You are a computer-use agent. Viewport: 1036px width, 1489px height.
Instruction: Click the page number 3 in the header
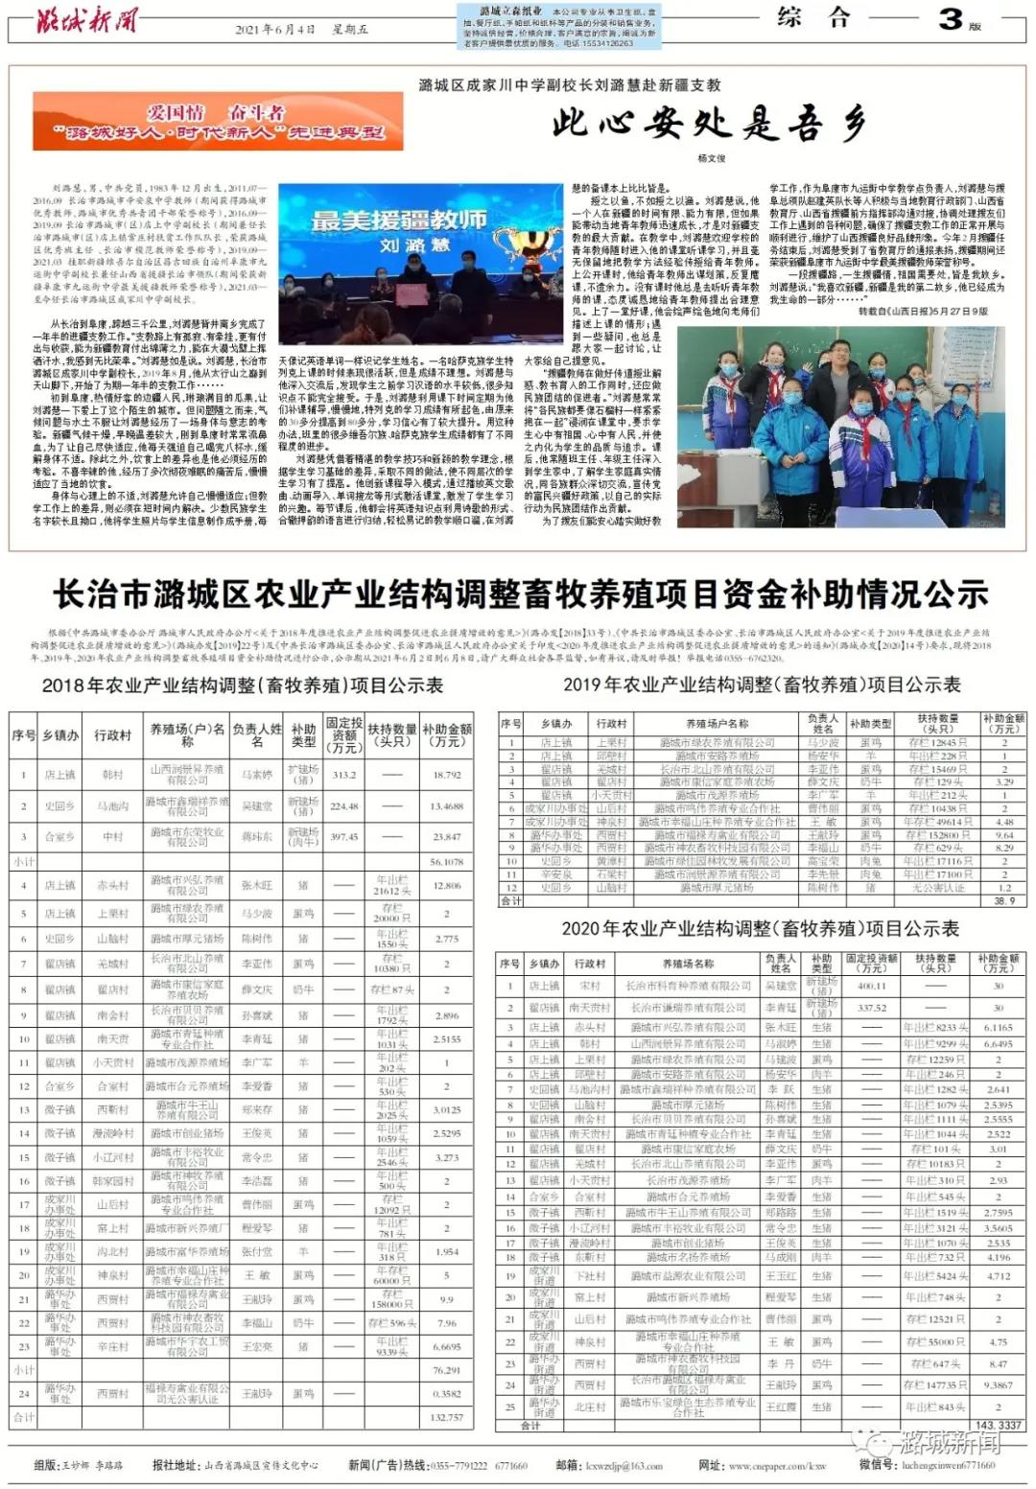pyautogui.click(x=950, y=18)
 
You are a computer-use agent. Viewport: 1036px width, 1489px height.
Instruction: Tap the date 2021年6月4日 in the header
pyautogui.click(x=275, y=30)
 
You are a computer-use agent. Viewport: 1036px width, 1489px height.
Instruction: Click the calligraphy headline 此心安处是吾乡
pyautogui.click(x=708, y=124)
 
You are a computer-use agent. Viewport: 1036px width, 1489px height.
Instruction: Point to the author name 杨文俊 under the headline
pyautogui.click(x=711, y=158)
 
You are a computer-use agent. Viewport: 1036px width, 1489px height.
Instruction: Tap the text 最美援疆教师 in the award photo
pyautogui.click(x=398, y=221)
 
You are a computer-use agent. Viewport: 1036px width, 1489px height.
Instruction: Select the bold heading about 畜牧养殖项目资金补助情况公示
pyautogui.click(x=519, y=595)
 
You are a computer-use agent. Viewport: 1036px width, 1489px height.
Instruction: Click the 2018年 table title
pyautogui.click(x=242, y=686)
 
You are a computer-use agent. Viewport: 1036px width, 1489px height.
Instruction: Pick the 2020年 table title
pyautogui.click(x=760, y=928)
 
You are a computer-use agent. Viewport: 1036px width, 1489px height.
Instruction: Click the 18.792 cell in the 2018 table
pyautogui.click(x=446, y=775)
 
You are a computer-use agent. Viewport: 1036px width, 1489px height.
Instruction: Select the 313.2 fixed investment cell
pyautogui.click(x=343, y=775)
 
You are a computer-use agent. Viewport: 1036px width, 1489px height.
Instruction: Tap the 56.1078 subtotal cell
pyautogui.click(x=446, y=862)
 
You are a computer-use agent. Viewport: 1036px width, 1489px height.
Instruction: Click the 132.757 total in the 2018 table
pyautogui.click(x=446, y=1417)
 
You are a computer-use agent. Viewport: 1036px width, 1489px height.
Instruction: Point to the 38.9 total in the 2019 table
pyautogui.click(x=1003, y=901)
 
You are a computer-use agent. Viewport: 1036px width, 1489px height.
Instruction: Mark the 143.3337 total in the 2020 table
pyautogui.click(x=998, y=1426)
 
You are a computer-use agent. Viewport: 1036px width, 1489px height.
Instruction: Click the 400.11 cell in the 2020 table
pyautogui.click(x=871, y=986)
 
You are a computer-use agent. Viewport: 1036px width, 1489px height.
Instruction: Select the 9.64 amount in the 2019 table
pyautogui.click(x=1003, y=835)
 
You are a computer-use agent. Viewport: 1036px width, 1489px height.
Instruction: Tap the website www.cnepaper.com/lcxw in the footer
pyautogui.click(x=777, y=1465)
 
